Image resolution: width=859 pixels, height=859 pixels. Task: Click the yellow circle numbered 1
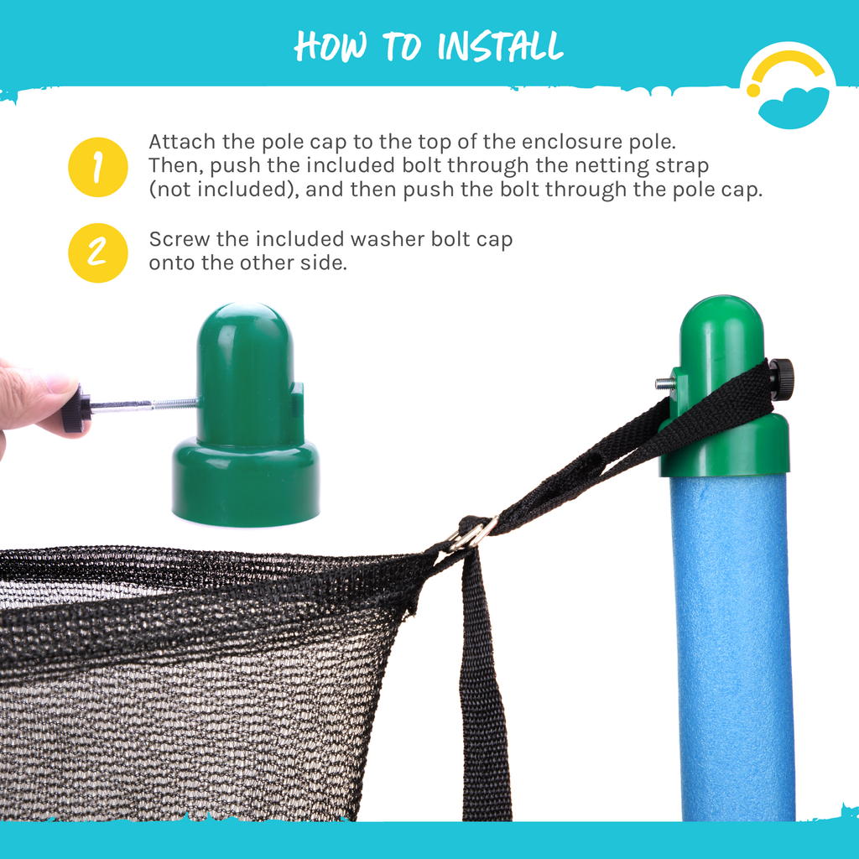pos(98,167)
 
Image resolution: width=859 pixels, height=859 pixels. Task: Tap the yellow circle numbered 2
pos(98,253)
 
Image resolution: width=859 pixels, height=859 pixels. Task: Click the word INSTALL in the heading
pos(500,46)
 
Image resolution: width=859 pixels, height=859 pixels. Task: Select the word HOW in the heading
pos(331,46)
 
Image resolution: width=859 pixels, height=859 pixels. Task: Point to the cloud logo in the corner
pos(789,86)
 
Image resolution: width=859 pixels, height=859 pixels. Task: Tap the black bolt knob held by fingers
pos(75,409)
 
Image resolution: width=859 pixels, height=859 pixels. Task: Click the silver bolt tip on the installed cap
pos(664,383)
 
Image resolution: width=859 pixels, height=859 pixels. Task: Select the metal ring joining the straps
pos(472,534)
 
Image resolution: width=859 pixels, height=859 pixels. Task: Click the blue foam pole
pos(733,647)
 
